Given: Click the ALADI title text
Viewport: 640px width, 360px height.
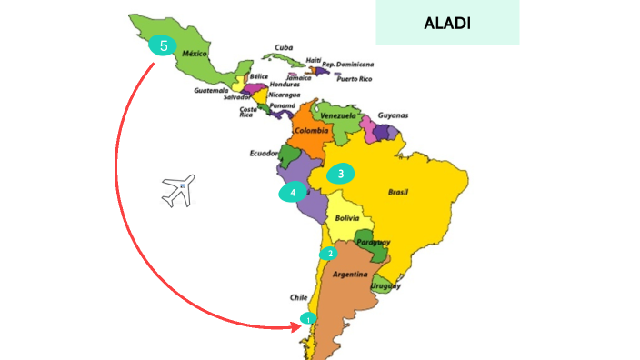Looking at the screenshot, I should tap(447, 22).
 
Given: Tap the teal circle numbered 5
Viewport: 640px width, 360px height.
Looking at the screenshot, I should tap(163, 45).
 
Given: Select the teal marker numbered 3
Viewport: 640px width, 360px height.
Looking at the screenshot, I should tap(340, 174).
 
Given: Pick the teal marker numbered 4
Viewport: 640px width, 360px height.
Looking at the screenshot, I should tap(293, 193).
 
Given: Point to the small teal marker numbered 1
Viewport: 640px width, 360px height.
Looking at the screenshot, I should tap(309, 318).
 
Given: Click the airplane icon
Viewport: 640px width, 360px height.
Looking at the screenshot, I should tap(178, 191).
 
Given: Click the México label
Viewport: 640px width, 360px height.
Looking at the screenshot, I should tap(195, 55).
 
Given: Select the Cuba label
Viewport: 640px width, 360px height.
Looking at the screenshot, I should tap(284, 47).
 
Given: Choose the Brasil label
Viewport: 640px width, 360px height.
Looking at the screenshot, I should tap(398, 193).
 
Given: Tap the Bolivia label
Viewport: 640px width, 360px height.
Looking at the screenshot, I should tap(348, 219).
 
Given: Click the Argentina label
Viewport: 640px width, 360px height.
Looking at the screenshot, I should tap(350, 274).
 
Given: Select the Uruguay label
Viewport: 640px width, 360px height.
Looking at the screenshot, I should tap(385, 286).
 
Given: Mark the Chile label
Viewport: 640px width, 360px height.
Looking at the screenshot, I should tap(299, 297).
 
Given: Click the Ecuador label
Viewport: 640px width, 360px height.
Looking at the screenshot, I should tap(264, 154).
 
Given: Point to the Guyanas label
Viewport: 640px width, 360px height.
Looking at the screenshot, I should tap(393, 115).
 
